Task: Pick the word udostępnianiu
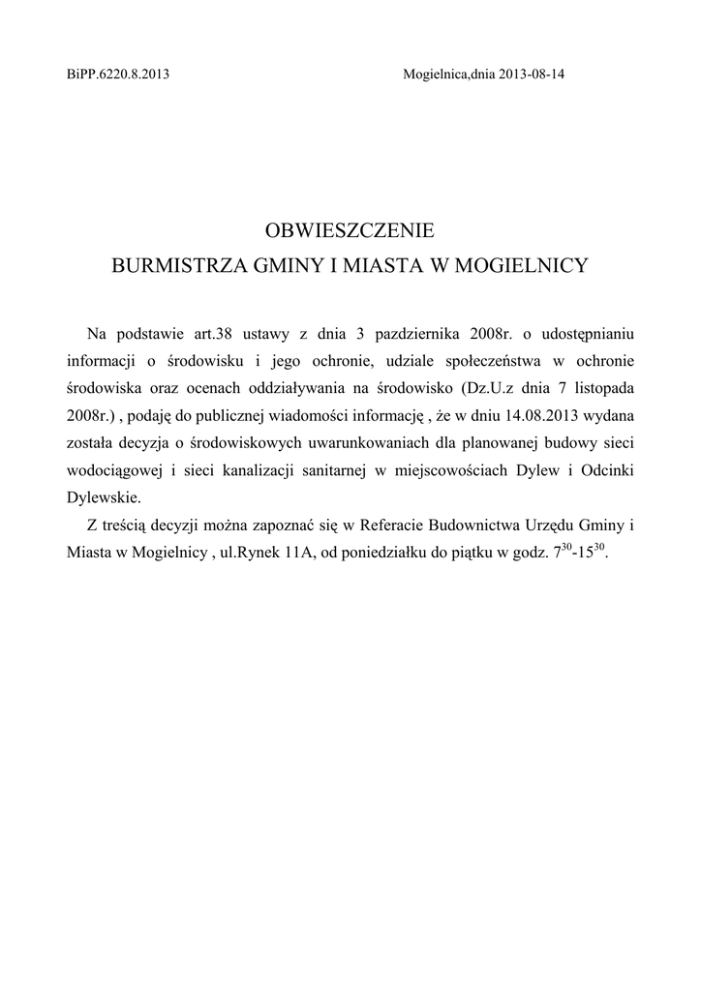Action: (x=586, y=334)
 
